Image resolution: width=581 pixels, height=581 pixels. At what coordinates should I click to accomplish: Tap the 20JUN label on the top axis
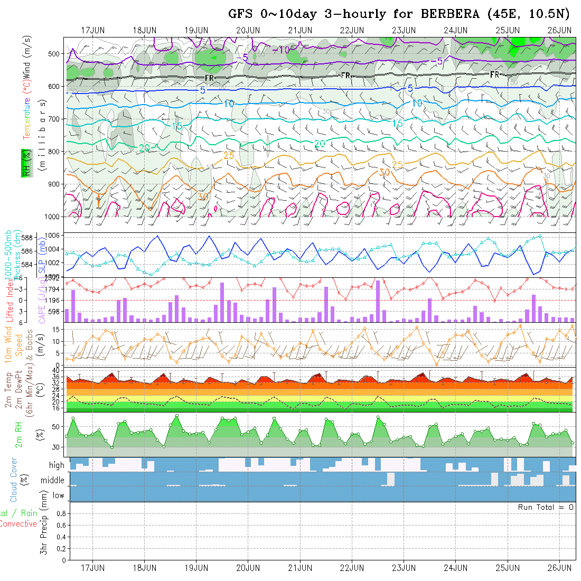coord(248,30)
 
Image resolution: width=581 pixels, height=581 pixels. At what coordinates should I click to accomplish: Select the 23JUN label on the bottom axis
coord(404,568)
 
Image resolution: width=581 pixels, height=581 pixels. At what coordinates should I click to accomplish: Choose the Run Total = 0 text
coord(546,507)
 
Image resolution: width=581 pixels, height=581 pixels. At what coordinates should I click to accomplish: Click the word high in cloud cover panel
coord(57,465)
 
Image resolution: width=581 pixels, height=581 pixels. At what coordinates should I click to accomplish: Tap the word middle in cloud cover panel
coord(53,481)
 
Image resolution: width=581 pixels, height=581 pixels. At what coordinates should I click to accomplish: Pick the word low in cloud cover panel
coord(58,495)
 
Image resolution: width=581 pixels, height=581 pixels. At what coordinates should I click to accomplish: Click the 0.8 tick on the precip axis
coord(61,513)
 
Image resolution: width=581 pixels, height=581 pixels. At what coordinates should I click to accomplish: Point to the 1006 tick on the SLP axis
coord(53,235)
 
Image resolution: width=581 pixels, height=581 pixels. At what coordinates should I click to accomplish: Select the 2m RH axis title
coord(19,434)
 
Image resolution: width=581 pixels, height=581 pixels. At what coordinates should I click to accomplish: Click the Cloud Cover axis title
coord(13,480)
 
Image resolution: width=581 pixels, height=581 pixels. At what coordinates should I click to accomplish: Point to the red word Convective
coord(18,524)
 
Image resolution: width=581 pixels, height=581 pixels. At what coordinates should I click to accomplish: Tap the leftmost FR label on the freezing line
coord(209,78)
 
